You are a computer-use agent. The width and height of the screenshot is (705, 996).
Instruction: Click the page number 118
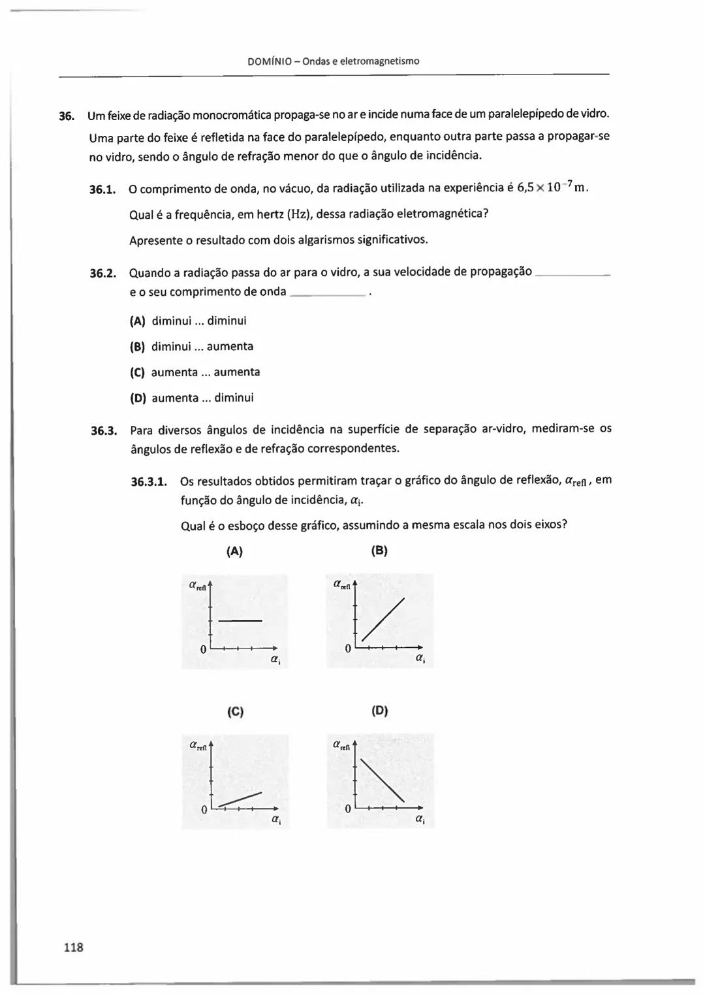tap(74, 947)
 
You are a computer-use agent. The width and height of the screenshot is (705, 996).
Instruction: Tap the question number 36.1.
tap(102, 190)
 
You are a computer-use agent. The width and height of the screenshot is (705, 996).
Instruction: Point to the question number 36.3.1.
tap(149, 482)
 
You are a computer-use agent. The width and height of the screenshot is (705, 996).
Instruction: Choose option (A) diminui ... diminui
tap(188, 321)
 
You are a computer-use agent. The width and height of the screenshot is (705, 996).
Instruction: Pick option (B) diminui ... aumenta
tap(191, 346)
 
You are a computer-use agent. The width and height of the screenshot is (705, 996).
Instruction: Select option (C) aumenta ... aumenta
tap(195, 372)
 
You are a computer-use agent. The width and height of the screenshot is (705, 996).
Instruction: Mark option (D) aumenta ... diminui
tap(192, 398)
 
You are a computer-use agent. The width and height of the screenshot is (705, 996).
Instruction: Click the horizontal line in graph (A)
tap(240, 620)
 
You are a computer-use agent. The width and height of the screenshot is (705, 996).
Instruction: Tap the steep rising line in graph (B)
tap(383, 619)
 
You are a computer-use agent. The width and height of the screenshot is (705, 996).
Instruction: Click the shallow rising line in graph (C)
tap(240, 799)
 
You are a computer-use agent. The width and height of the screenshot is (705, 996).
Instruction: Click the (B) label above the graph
tap(379, 551)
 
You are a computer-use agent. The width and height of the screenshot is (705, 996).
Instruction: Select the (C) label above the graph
tap(235, 711)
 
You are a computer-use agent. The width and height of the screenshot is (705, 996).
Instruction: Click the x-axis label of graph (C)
tap(276, 819)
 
